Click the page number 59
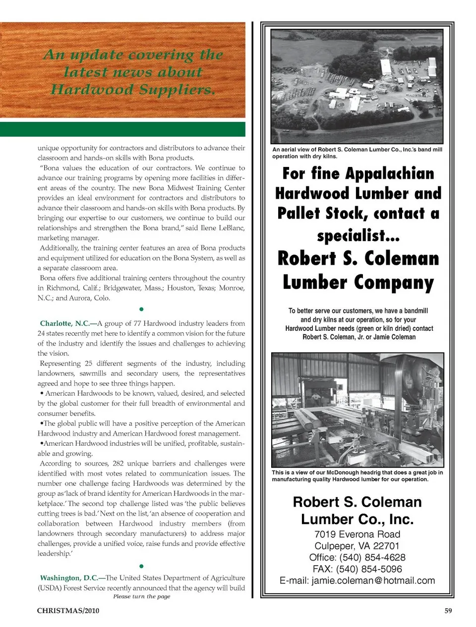coord(448,611)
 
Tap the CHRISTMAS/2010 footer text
coord(68,611)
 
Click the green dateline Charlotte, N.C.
coord(64,323)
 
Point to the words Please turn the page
coord(141,596)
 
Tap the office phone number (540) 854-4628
coord(372,557)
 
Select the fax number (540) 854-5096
coord(369,569)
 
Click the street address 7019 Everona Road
coord(357,534)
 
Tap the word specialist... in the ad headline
coord(358,235)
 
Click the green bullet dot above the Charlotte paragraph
coord(141,310)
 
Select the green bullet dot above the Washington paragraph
coord(141,566)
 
